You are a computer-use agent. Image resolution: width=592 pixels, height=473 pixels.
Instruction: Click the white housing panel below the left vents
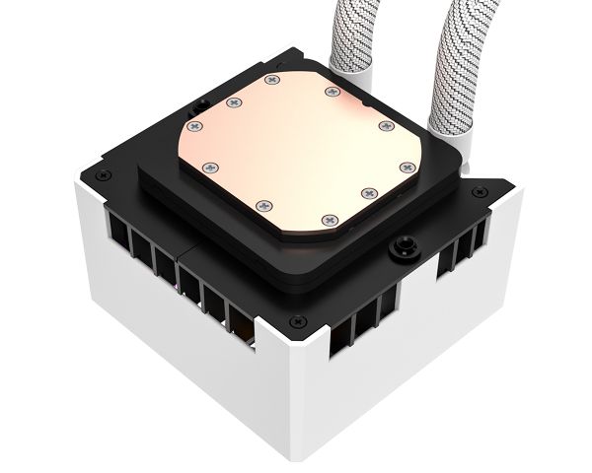(168, 335)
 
